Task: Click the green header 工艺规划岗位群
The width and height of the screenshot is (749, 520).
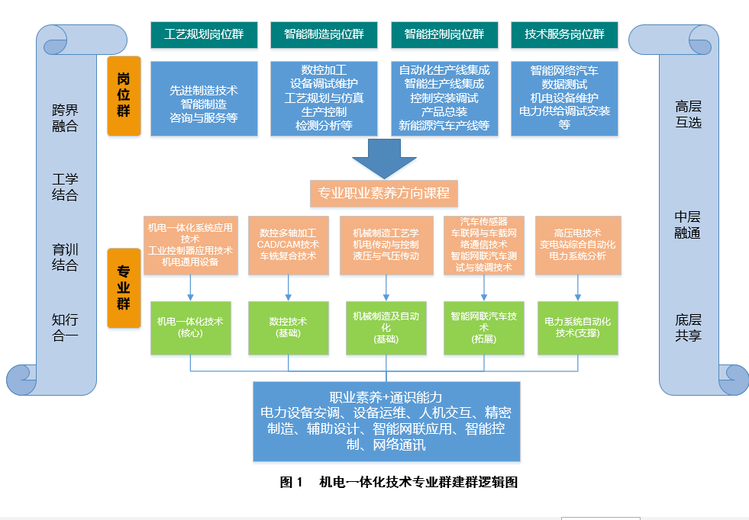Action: click(x=204, y=34)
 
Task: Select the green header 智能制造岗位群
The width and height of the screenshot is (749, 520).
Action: click(x=324, y=34)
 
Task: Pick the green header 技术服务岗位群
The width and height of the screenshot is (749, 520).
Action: click(x=564, y=34)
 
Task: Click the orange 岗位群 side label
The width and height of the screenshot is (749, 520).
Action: click(x=124, y=95)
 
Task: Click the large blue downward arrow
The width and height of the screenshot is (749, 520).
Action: click(x=385, y=159)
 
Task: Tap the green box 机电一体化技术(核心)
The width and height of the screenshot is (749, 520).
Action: click(x=190, y=327)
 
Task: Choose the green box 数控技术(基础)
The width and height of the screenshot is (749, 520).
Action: click(x=288, y=327)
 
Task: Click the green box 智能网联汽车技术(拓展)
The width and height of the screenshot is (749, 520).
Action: click(x=483, y=327)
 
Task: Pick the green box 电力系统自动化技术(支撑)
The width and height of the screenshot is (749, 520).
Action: click(x=577, y=327)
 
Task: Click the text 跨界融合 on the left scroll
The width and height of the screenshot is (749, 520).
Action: click(x=65, y=118)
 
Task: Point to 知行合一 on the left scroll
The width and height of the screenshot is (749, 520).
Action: click(x=65, y=327)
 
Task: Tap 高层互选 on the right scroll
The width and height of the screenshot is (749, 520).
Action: click(x=688, y=114)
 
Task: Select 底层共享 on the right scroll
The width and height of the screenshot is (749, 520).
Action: click(x=688, y=327)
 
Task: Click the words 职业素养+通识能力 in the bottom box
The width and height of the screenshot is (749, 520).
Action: click(x=386, y=397)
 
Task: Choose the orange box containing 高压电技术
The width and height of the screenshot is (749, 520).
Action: click(x=577, y=245)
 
